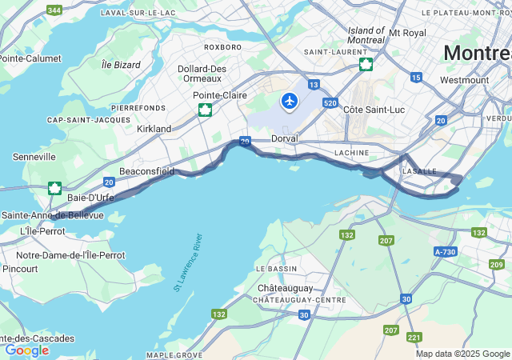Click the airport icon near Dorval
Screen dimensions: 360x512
(x=289, y=102)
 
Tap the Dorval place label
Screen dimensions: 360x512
(x=284, y=138)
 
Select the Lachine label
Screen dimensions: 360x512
(x=351, y=152)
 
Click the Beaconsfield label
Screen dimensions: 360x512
(x=146, y=171)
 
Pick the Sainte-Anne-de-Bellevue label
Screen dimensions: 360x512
(x=53, y=215)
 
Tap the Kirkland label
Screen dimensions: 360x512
(x=154, y=129)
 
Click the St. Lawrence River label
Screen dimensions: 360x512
(x=189, y=263)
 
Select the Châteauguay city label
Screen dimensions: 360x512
(x=285, y=287)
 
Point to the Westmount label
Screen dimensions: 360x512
(x=464, y=80)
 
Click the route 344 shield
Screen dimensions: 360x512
(x=54, y=10)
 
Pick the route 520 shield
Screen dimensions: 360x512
(x=331, y=102)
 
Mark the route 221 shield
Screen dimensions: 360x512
(x=414, y=337)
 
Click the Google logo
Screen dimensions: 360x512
(x=26, y=350)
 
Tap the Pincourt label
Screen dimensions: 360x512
(x=20, y=269)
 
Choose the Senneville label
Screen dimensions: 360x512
(x=34, y=157)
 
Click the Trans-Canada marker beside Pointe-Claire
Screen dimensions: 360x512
(x=206, y=110)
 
